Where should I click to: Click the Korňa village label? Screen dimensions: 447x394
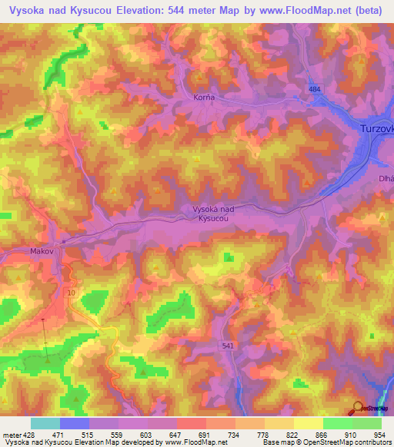[x=202, y=98]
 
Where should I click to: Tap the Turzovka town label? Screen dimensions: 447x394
[x=376, y=129]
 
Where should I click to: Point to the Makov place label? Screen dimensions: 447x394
[x=42, y=250]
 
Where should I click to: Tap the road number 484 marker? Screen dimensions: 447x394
[x=313, y=90]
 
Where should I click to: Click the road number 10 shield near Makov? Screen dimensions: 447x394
[x=71, y=293]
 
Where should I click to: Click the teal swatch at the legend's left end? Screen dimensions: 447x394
[x=45, y=423]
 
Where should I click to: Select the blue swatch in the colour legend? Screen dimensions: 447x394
[x=74, y=423]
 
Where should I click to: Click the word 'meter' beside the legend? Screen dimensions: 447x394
[x=11, y=434]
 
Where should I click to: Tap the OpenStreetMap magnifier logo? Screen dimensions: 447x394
[x=359, y=408]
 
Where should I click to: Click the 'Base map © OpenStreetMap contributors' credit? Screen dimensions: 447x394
[x=326, y=442]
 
